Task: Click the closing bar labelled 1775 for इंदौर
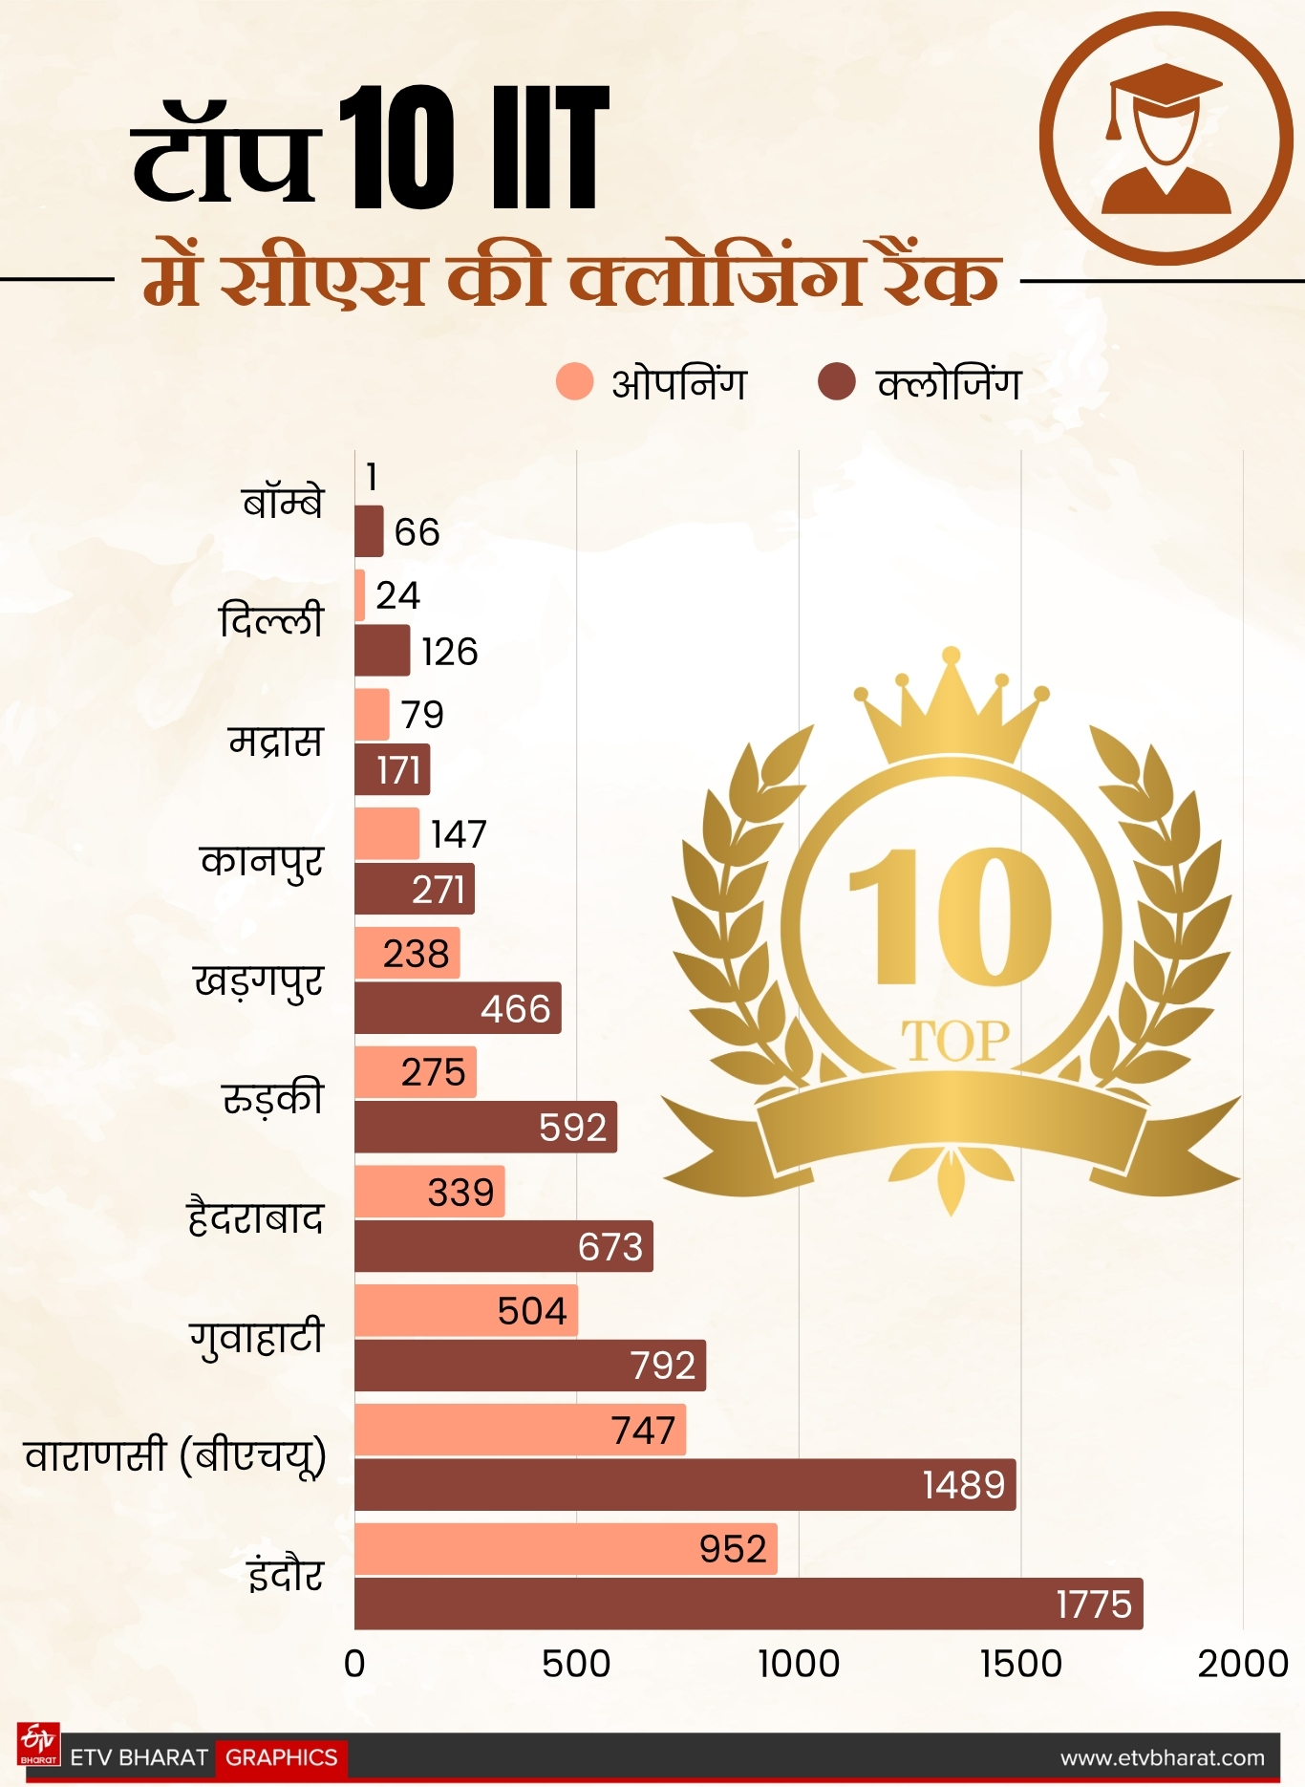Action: coord(748,1604)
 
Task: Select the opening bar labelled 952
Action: coord(566,1549)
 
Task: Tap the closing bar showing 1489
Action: coord(684,1484)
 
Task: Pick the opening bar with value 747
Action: coord(520,1430)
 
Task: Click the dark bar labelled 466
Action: coord(458,1008)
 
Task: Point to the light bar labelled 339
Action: coord(429,1192)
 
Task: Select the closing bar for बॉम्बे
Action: coord(369,531)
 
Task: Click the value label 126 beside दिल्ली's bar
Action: coord(449,652)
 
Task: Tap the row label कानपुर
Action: coord(261,862)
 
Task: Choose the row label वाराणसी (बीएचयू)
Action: coord(175,1457)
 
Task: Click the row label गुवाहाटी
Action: coord(256,1338)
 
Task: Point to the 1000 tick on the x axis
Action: coord(799,1664)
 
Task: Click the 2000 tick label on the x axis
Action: coord(1242,1664)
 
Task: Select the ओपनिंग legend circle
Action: coord(574,382)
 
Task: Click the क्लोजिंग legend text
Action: coord(949,384)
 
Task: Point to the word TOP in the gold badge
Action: coord(954,1041)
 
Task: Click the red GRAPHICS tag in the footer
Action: coord(281,1757)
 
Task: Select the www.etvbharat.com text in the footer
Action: coord(1162,1757)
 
